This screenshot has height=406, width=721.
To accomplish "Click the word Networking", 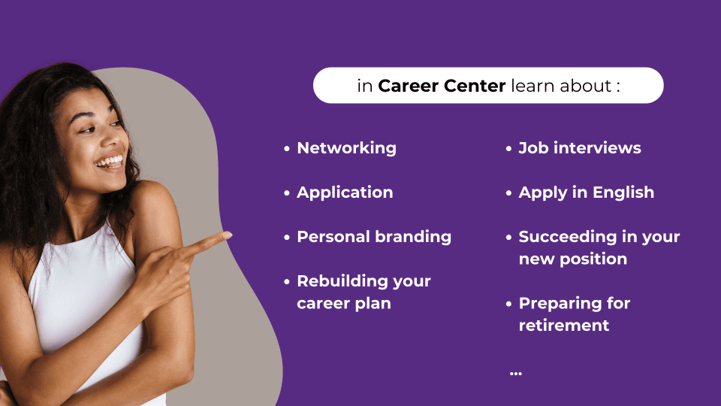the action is (347, 148).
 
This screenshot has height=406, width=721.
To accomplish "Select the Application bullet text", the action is (345, 192).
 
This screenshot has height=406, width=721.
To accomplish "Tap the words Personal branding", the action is (374, 237).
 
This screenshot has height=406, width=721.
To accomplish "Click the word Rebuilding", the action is (341, 280).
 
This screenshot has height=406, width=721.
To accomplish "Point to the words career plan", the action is (344, 303).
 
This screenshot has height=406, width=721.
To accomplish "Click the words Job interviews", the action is (580, 148).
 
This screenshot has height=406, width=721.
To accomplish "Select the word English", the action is (623, 192).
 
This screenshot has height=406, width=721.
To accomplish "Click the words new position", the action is (573, 259).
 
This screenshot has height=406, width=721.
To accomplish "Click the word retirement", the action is (564, 326).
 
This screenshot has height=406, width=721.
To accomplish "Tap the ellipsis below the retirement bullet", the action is (516, 374).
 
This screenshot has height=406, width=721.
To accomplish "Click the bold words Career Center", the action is (442, 86).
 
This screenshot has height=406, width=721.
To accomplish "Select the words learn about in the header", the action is (561, 86).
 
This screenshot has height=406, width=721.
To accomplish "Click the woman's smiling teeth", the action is (110, 162).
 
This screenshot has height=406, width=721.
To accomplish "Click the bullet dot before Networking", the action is (287, 149).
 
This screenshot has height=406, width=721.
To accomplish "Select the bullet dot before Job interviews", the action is (508, 149).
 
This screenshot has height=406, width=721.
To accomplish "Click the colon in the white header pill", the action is (618, 86).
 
